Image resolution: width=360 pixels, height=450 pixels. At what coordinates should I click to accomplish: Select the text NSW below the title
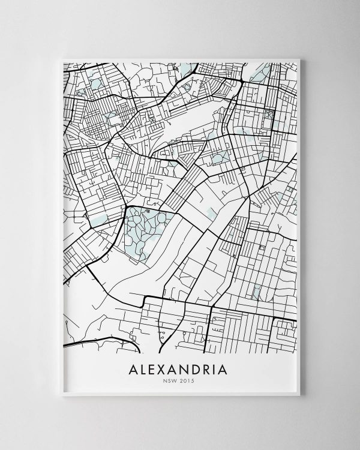172,380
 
